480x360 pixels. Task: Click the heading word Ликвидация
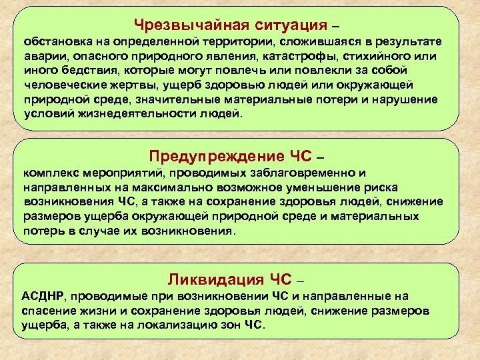coord(210,278)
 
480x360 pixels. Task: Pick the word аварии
coord(41,57)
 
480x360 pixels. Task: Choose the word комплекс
coord(50,173)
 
